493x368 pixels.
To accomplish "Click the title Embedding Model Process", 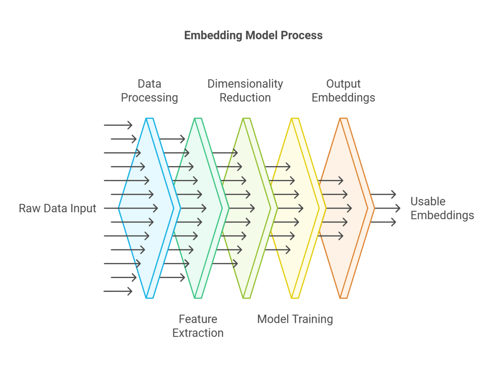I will pos(253,35).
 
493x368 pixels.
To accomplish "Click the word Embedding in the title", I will pos(213,35).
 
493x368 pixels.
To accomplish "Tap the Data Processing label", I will pos(149,91).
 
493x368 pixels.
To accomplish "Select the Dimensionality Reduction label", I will pos(245,91).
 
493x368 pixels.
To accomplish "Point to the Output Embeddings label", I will pos(343,91).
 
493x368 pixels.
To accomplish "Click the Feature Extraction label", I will pos(198,326).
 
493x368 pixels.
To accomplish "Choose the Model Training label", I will pos(295,319).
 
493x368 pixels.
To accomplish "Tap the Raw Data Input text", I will pos(58,208).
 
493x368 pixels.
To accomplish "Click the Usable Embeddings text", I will pos(442,208).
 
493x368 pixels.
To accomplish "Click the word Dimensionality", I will pos(245,84).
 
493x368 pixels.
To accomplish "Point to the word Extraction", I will pos(198,333).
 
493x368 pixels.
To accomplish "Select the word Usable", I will pos(428,202).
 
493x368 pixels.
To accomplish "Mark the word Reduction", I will pos(245,98).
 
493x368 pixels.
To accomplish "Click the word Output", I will pos(343,84).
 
